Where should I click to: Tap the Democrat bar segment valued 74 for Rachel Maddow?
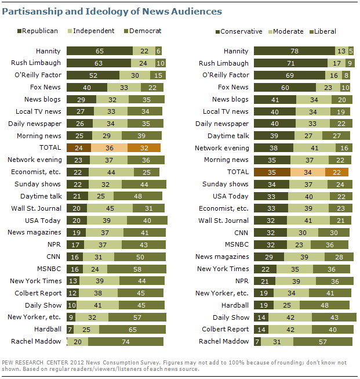click(125, 341)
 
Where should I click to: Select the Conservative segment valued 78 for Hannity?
click(294, 51)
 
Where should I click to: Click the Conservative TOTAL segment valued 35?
click(271, 172)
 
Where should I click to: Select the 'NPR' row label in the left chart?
click(55, 244)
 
